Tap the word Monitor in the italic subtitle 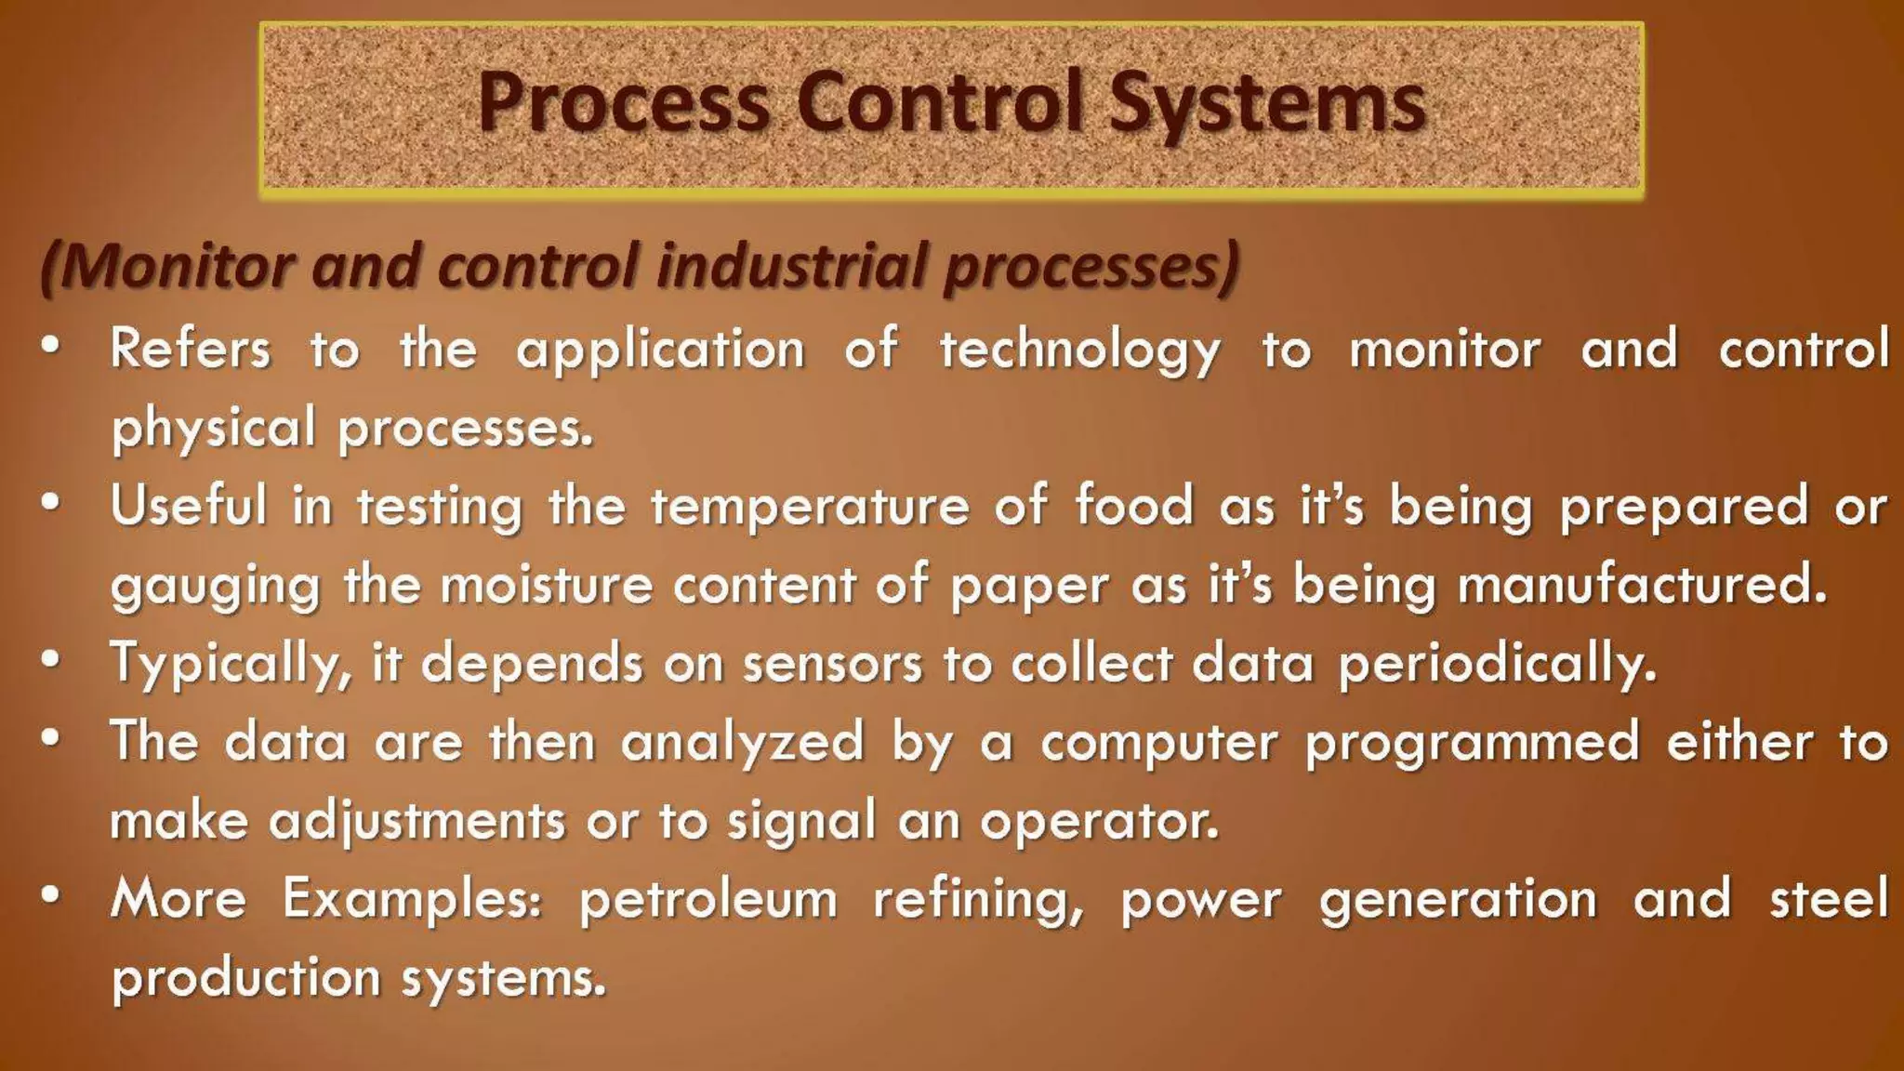[x=177, y=267]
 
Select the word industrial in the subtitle [x=790, y=267]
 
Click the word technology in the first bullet [x=1079, y=351]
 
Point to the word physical [x=214, y=430]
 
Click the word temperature [x=810, y=508]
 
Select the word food [x=1133, y=508]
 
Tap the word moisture [x=547, y=587]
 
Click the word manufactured [x=1642, y=587]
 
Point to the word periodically [x=1498, y=666]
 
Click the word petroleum [x=708, y=901]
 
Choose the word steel [x=1829, y=900]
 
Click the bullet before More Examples [x=51, y=896]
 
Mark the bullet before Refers [x=51, y=347]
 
